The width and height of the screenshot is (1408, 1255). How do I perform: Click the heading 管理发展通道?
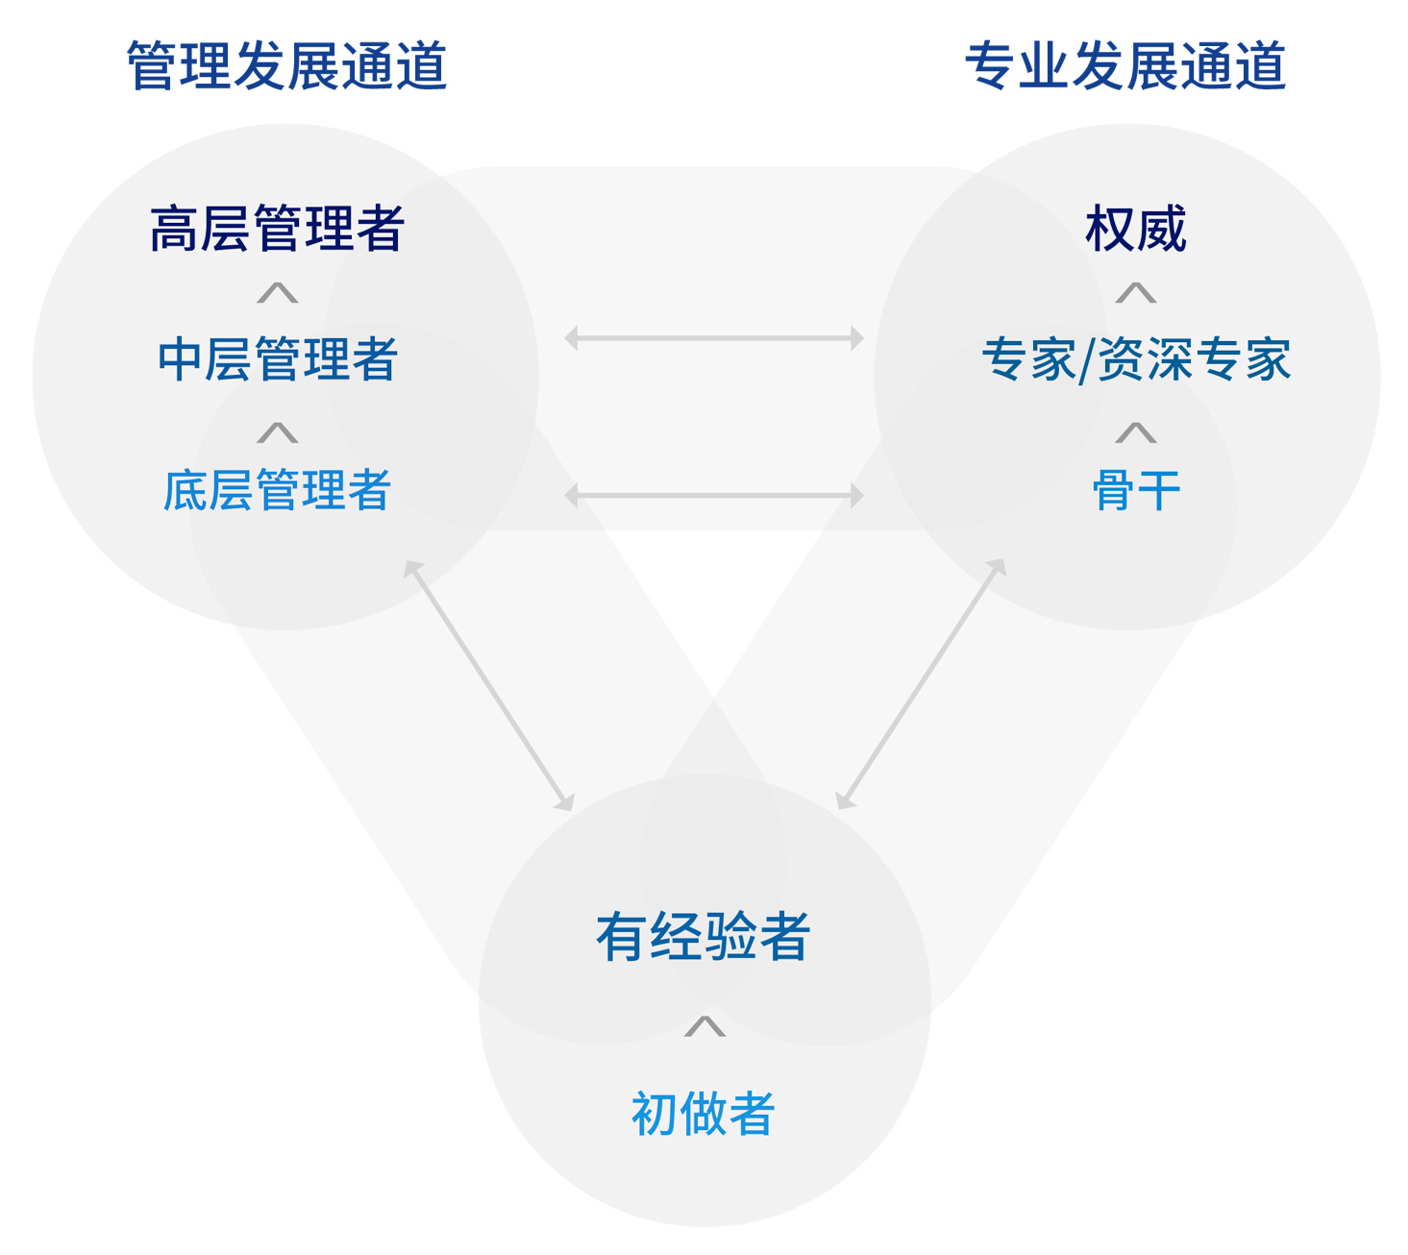286,65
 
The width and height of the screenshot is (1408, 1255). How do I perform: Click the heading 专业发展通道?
1125,65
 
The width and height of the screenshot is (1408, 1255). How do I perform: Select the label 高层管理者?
277,229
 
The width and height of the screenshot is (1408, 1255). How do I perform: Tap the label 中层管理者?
277,359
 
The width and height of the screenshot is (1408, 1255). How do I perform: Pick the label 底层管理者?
277,490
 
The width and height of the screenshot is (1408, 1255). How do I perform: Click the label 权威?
1136,229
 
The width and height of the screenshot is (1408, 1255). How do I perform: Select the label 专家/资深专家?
1136,359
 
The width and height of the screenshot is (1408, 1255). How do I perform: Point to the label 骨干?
1136,490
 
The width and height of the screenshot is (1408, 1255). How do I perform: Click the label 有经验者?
704,937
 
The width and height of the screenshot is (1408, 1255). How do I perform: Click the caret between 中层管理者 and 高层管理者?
277,293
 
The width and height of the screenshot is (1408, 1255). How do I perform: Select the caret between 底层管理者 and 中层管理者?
277,433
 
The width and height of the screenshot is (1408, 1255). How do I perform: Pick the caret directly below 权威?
1136,293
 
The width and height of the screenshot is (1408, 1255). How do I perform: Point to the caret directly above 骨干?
1136,433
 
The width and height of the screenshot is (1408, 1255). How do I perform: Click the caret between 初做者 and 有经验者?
704,1027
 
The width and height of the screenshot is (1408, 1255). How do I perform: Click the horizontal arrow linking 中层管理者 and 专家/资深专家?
713,338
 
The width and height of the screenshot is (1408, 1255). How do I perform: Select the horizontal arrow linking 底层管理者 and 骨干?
713,496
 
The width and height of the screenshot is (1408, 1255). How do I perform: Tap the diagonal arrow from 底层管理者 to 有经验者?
488,685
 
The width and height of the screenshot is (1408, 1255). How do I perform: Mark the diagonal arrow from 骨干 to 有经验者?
921,684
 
